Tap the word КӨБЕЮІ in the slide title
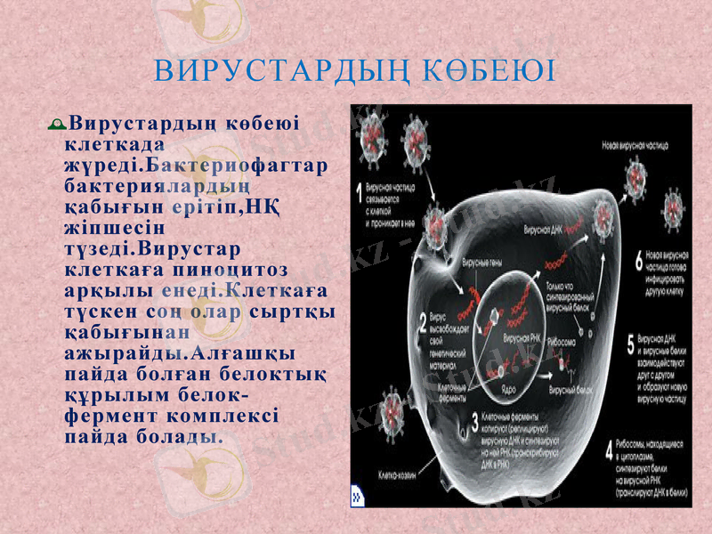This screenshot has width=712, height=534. [489, 70]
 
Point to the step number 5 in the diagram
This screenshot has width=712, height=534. [631, 343]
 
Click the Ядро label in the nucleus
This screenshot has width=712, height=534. [509, 389]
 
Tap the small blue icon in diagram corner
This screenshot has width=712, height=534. [357, 494]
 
